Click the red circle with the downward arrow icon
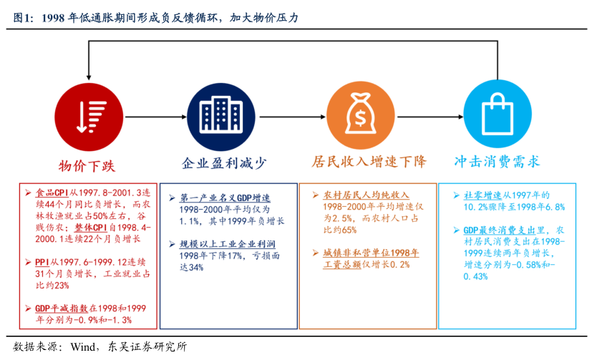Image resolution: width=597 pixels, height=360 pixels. click(x=89, y=117)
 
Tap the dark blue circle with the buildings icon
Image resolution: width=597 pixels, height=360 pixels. click(x=220, y=117)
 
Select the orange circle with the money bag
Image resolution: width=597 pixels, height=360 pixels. click(x=361, y=115)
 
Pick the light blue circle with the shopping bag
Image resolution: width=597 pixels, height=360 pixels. click(x=497, y=114)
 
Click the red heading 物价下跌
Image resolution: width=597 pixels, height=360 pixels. click(x=87, y=166)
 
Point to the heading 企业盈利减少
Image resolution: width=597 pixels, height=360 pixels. click(x=224, y=163)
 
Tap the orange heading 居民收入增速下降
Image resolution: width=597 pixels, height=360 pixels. click(x=369, y=161)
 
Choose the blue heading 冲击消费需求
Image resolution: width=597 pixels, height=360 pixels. click(x=497, y=161)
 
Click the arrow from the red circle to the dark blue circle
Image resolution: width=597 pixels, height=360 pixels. click(x=156, y=117)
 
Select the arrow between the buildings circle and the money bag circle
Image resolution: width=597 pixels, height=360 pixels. click(x=292, y=117)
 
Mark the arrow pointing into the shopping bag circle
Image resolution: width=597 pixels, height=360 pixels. click(x=430, y=117)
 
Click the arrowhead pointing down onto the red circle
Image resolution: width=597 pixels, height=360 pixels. click(x=89, y=77)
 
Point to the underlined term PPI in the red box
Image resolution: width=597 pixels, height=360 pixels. click(x=42, y=262)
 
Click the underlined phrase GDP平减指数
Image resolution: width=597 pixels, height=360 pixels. click(x=62, y=308)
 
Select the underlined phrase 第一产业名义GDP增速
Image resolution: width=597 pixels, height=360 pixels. click(x=225, y=198)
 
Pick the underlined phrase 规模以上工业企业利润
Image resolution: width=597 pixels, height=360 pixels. click(x=228, y=244)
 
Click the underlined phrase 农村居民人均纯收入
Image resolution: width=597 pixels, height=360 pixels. click(x=366, y=195)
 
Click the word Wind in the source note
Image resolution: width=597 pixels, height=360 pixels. click(x=82, y=346)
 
